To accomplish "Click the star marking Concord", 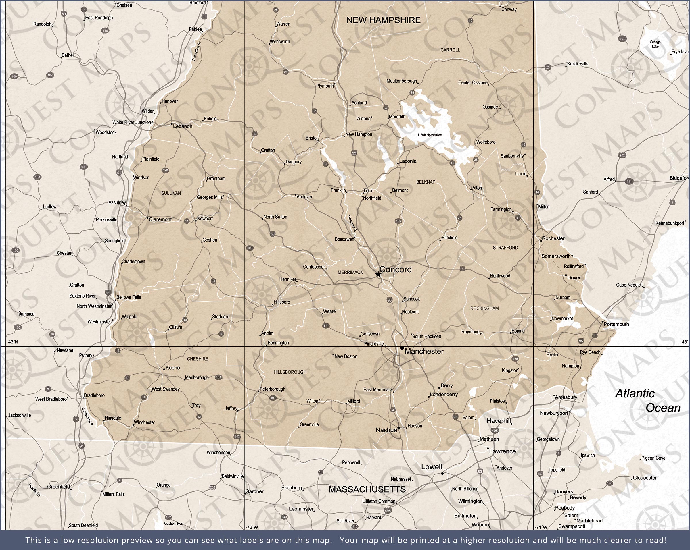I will [x=378, y=274].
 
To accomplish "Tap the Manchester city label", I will [x=424, y=352].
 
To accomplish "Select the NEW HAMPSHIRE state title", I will [x=384, y=20].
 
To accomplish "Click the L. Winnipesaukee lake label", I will [x=430, y=135].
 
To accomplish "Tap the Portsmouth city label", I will [x=616, y=324].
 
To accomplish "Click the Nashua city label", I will [x=386, y=430].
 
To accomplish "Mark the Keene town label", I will [x=172, y=368].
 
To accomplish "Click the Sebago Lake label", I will [x=655, y=44].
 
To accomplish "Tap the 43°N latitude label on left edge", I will [x=13, y=342].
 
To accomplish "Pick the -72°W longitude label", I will [x=252, y=527].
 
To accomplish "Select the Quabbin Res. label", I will [x=173, y=524].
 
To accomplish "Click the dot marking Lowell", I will [x=442, y=474].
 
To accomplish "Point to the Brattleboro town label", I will [x=94, y=395].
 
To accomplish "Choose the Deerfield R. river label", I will [x=34, y=490].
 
